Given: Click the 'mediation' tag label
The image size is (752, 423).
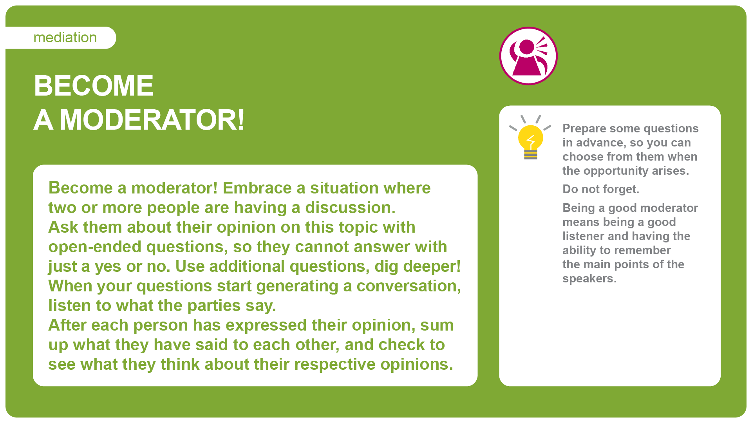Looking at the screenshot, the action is [x=65, y=38].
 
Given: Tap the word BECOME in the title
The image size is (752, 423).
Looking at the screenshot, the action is [x=94, y=86].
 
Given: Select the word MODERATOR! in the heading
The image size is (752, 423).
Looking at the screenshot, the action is [x=152, y=120].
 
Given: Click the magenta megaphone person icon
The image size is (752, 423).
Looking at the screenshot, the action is [x=528, y=56].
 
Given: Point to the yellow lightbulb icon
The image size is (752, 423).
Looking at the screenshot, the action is [x=530, y=137].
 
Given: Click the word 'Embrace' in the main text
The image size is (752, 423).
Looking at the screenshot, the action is [x=257, y=188].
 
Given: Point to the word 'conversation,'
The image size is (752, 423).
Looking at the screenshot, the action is [x=409, y=286].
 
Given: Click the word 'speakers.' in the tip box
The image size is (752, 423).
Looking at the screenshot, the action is [x=589, y=279].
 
